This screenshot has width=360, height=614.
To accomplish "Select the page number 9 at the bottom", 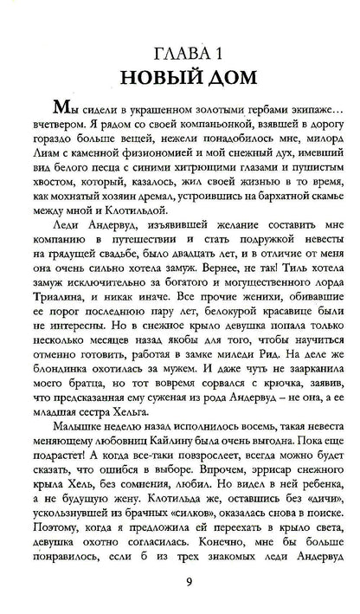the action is point(179,581).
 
